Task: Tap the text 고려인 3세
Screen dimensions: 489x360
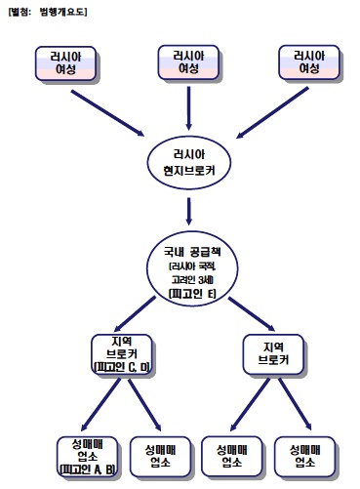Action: coord(185,278)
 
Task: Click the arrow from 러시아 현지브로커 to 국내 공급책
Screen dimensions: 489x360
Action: coord(185,207)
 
